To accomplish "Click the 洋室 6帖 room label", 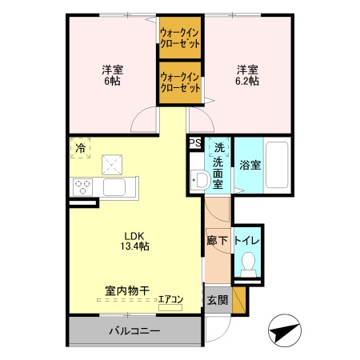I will pyautogui.click(x=111, y=74).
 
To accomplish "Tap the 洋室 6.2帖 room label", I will pyautogui.click(x=246, y=74).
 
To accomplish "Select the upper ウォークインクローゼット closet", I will pyautogui.click(x=179, y=38).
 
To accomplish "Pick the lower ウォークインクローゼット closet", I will pyautogui.click(x=179, y=82).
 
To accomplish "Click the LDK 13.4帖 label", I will pyautogui.click(x=134, y=241).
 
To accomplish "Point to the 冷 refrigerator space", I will pyautogui.click(x=81, y=148).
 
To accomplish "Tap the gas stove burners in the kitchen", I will pyautogui.click(x=82, y=187).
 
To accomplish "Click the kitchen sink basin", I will pyautogui.click(x=114, y=188).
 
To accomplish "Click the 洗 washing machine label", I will pyautogui.click(x=218, y=147).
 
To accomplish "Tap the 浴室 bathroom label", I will pyautogui.click(x=250, y=166).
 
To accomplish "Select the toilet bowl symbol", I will pyautogui.click(x=249, y=262).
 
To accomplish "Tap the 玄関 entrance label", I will pyautogui.click(x=218, y=301).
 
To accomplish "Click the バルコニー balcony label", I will pyautogui.click(x=134, y=330).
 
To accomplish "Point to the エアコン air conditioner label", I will pyautogui.click(x=170, y=301).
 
